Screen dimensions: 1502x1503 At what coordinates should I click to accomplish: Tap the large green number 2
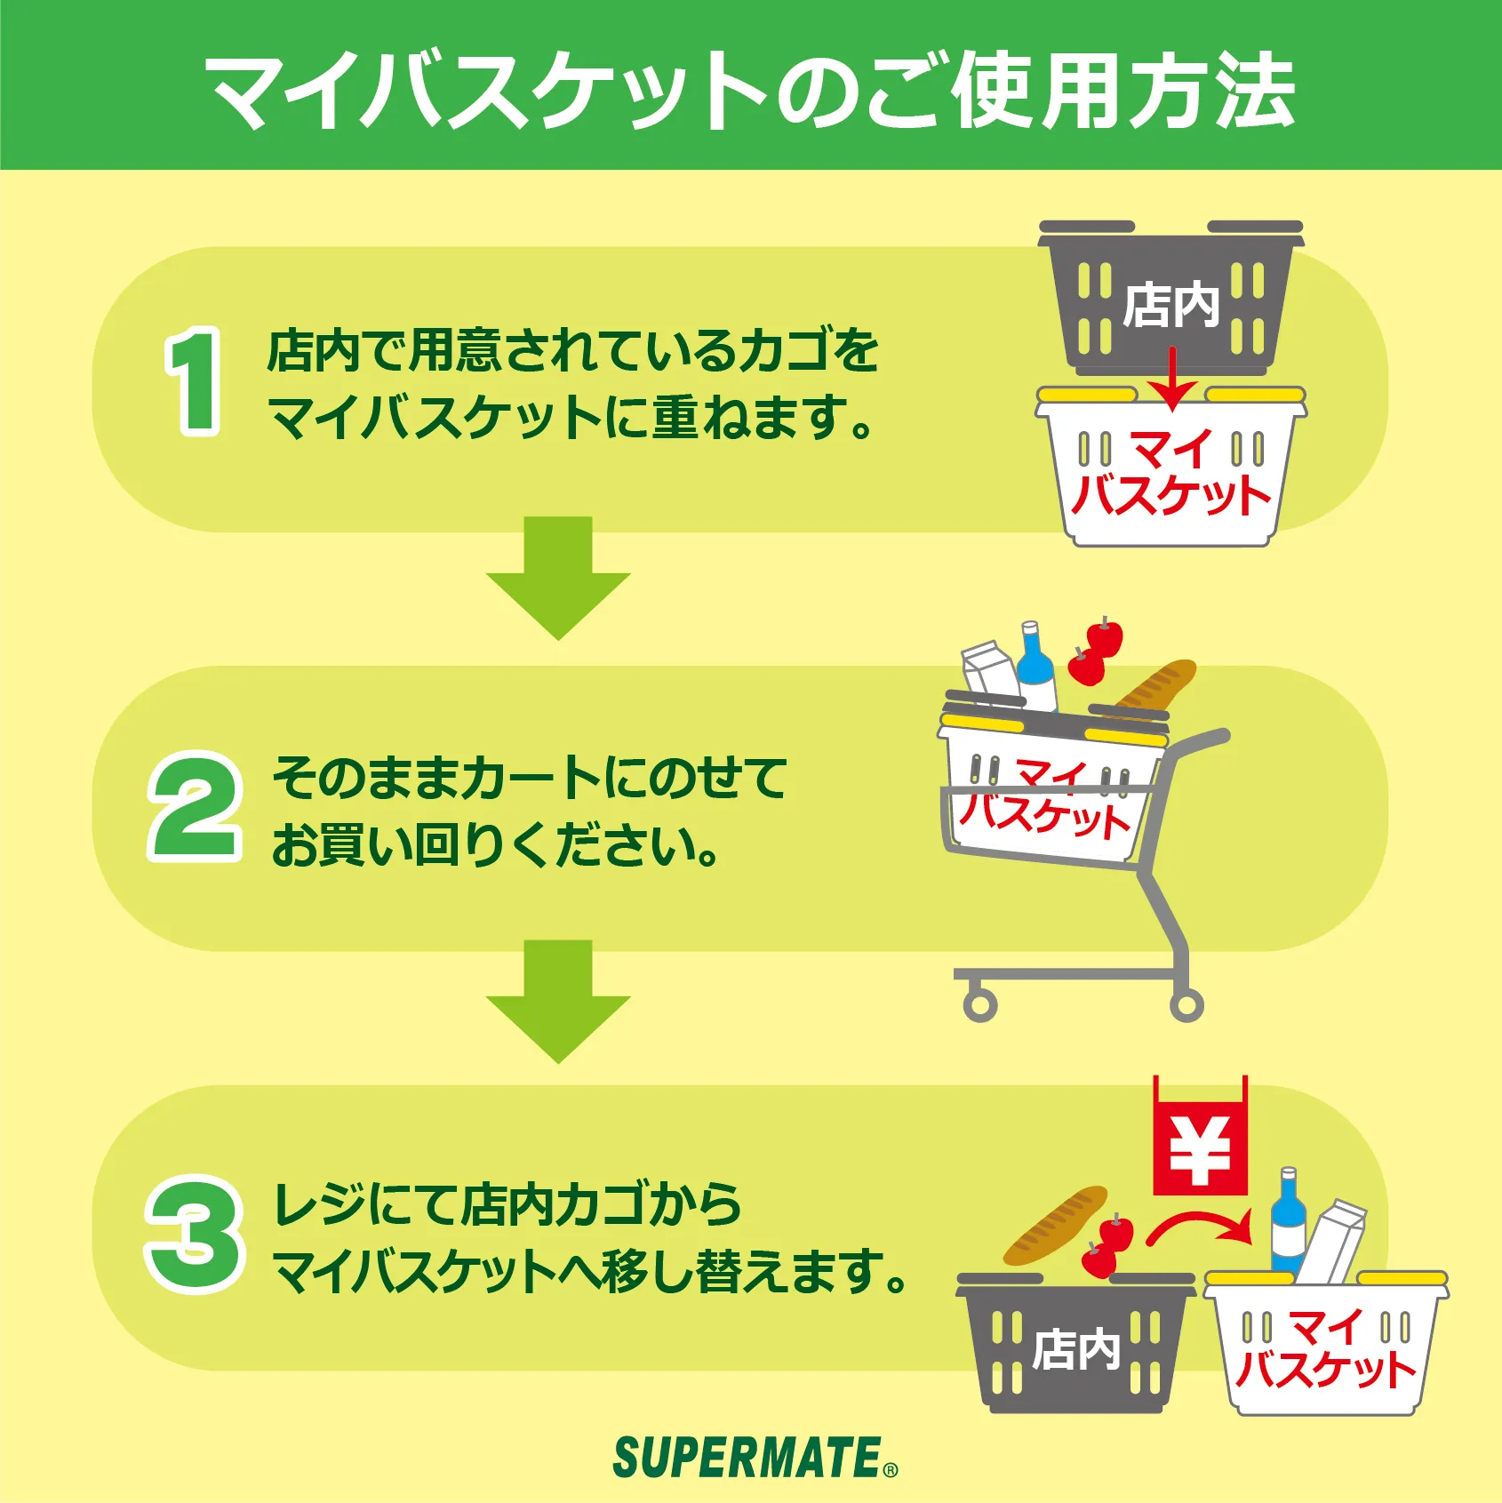tap(195, 806)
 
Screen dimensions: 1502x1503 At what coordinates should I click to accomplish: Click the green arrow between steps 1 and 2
tap(558, 578)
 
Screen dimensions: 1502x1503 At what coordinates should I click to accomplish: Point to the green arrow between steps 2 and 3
tap(558, 1002)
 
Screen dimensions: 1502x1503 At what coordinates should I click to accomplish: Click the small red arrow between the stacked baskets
tap(1172, 380)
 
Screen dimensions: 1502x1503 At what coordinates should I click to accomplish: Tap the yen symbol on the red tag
tap(1200, 1151)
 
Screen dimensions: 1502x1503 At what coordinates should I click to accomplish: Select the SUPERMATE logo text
tap(747, 1459)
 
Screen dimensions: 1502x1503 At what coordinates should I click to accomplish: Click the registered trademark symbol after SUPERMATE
tap(891, 1470)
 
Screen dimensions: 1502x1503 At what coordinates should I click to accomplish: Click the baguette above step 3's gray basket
tap(1056, 1225)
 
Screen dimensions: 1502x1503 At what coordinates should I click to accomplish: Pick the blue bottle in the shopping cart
tap(1036, 667)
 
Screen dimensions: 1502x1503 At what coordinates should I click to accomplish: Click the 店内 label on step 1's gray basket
tap(1171, 305)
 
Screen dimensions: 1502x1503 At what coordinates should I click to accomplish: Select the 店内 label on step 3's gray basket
tap(1076, 1349)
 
